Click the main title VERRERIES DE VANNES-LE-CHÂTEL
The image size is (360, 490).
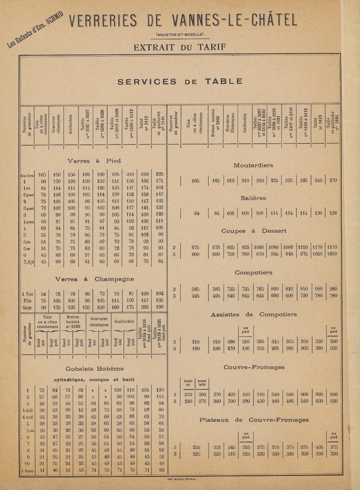pyautogui.click(x=183, y=21)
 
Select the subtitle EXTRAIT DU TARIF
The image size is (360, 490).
pyautogui.click(x=180, y=47)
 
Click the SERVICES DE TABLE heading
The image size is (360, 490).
pyautogui.click(x=180, y=82)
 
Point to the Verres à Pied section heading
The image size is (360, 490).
pyautogui.click(x=94, y=161)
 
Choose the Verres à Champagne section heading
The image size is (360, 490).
pyautogui.click(x=94, y=279)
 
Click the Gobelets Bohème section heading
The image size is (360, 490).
pyautogui.click(x=95, y=369)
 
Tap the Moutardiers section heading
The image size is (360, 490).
pyautogui.click(x=253, y=165)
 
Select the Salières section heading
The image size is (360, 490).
pyautogui.click(x=253, y=198)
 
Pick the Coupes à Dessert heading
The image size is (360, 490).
pyautogui.click(x=253, y=231)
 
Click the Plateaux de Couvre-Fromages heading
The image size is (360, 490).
pyautogui.click(x=254, y=420)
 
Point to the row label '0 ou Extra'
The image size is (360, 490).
pyautogui.click(x=27, y=175)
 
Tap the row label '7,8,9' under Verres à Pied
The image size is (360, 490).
pyautogui.click(x=27, y=261)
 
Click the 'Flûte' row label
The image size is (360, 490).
pyautogui.click(x=27, y=301)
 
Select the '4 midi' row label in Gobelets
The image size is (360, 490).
pyautogui.click(x=27, y=410)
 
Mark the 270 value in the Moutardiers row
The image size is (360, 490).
pyautogui.click(x=333, y=181)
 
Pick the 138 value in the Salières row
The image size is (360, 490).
pyautogui.click(x=333, y=213)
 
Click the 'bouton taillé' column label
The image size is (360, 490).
pyautogui.click(x=202, y=383)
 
